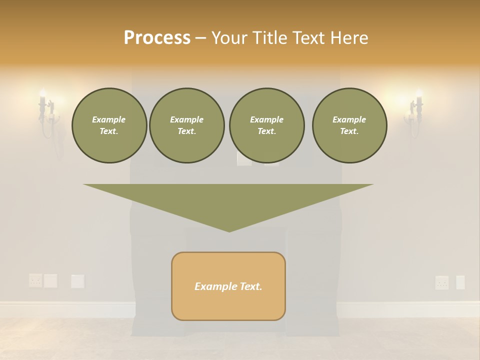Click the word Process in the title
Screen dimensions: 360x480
[157, 37]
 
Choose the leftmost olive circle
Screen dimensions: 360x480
[109, 125]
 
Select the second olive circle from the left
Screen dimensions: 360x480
[187, 125]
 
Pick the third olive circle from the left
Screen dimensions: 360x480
[266, 125]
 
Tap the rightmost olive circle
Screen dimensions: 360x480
[349, 125]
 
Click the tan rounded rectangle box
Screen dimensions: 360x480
[228, 286]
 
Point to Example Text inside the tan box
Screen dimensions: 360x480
[228, 286]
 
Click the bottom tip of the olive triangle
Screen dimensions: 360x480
[229, 231]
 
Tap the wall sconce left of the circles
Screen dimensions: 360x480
[46, 113]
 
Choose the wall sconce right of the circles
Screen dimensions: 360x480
[416, 113]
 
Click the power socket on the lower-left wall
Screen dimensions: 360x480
[35, 280]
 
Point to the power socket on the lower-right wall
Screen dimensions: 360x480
[442, 282]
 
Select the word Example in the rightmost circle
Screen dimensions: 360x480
[349, 119]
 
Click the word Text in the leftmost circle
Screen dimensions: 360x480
[109, 131]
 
